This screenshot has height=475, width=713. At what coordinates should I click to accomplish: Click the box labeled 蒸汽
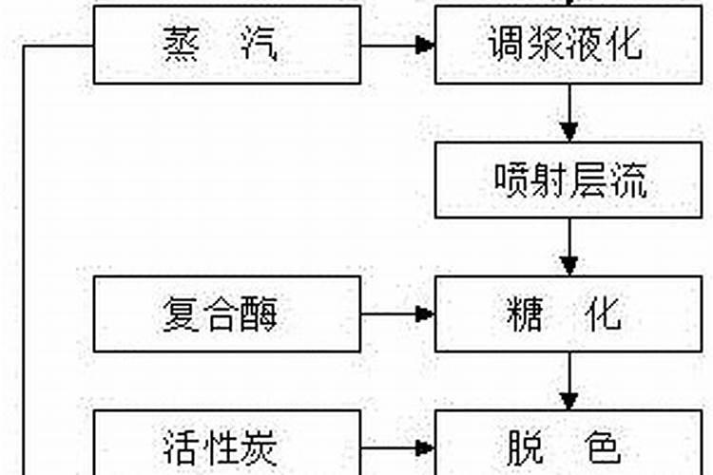[227, 45]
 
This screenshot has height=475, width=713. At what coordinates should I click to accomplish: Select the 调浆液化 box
[568, 45]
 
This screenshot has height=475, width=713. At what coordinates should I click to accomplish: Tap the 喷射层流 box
[568, 180]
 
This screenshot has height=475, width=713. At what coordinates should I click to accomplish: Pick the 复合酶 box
[227, 313]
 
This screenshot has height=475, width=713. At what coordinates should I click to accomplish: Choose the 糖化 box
[568, 313]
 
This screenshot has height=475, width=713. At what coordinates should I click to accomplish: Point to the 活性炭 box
[227, 445]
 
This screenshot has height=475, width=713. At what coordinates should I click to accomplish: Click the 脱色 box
[568, 445]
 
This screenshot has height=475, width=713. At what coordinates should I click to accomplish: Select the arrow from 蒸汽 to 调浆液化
[398, 45]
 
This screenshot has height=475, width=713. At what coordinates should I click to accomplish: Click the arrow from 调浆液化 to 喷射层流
[568, 113]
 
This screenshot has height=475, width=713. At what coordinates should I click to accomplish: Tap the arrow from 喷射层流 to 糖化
[568, 247]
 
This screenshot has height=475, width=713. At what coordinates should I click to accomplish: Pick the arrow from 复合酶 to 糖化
[398, 313]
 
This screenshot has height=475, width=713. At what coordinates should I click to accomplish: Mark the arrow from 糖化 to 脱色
[568, 381]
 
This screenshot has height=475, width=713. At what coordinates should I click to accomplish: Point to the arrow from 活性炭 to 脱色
[398, 445]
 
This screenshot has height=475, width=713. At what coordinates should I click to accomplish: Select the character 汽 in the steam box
[259, 45]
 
